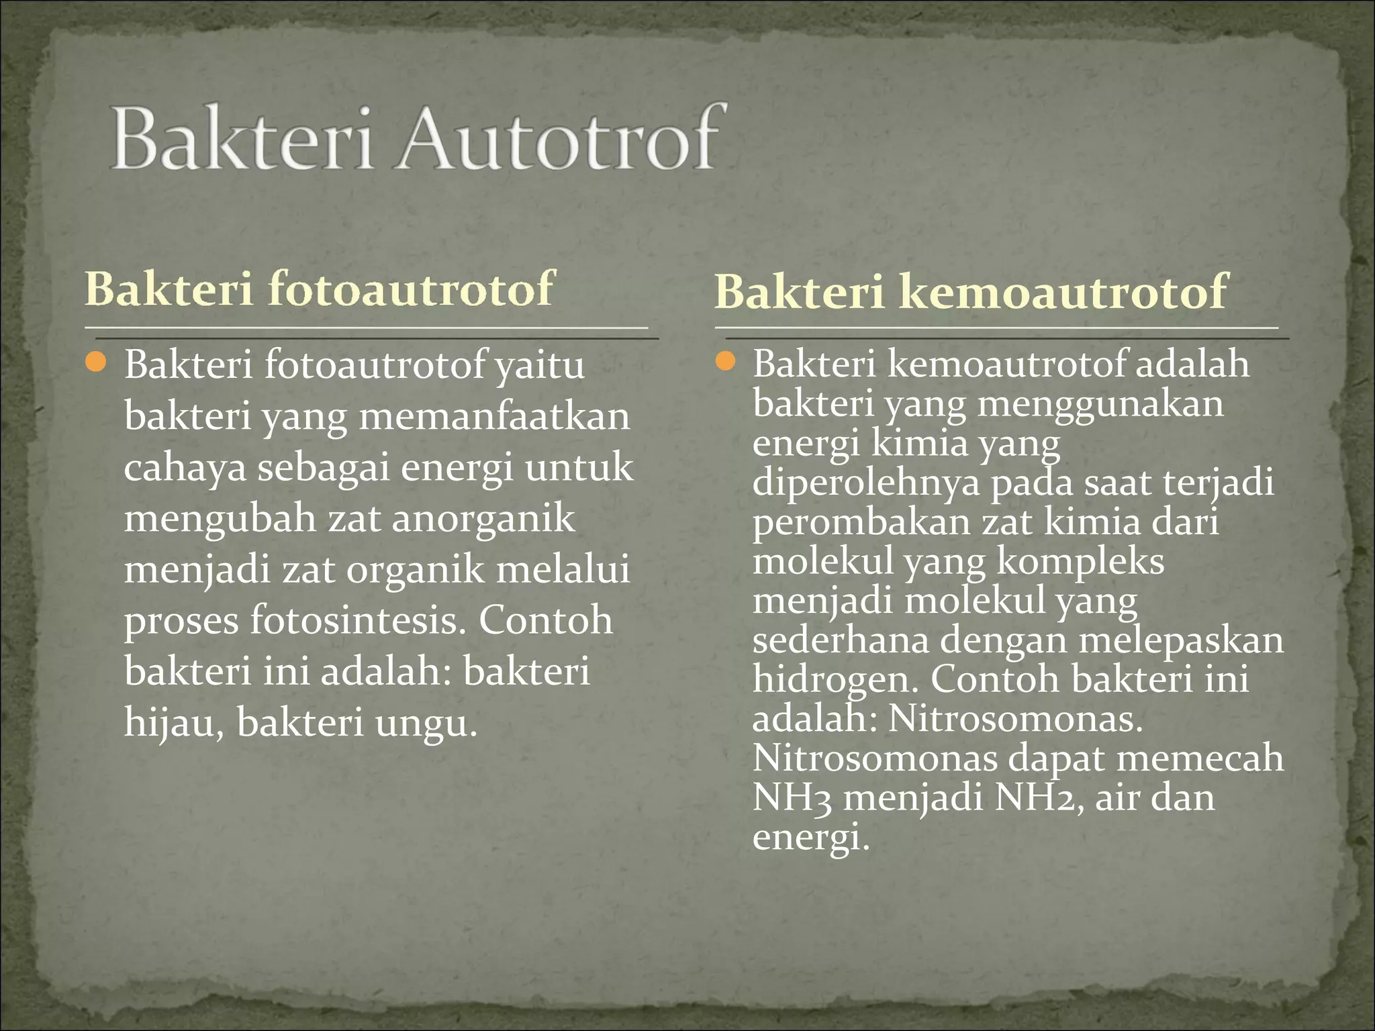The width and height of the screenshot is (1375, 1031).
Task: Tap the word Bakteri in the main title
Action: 242,140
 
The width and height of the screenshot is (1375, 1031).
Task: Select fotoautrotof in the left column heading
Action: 410,289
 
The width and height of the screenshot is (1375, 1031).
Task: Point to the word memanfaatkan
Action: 495,417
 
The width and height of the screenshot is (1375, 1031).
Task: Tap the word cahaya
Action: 185,468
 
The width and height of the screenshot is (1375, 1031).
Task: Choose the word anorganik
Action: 483,519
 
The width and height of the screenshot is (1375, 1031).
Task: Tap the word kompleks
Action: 1080,562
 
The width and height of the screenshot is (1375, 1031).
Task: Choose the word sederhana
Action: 841,640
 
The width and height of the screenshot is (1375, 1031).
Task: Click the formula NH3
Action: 792,798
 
